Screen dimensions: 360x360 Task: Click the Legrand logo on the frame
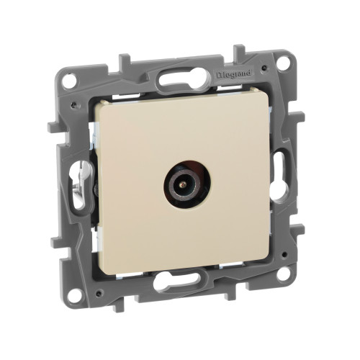234,74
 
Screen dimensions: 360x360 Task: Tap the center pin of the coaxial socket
184,184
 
